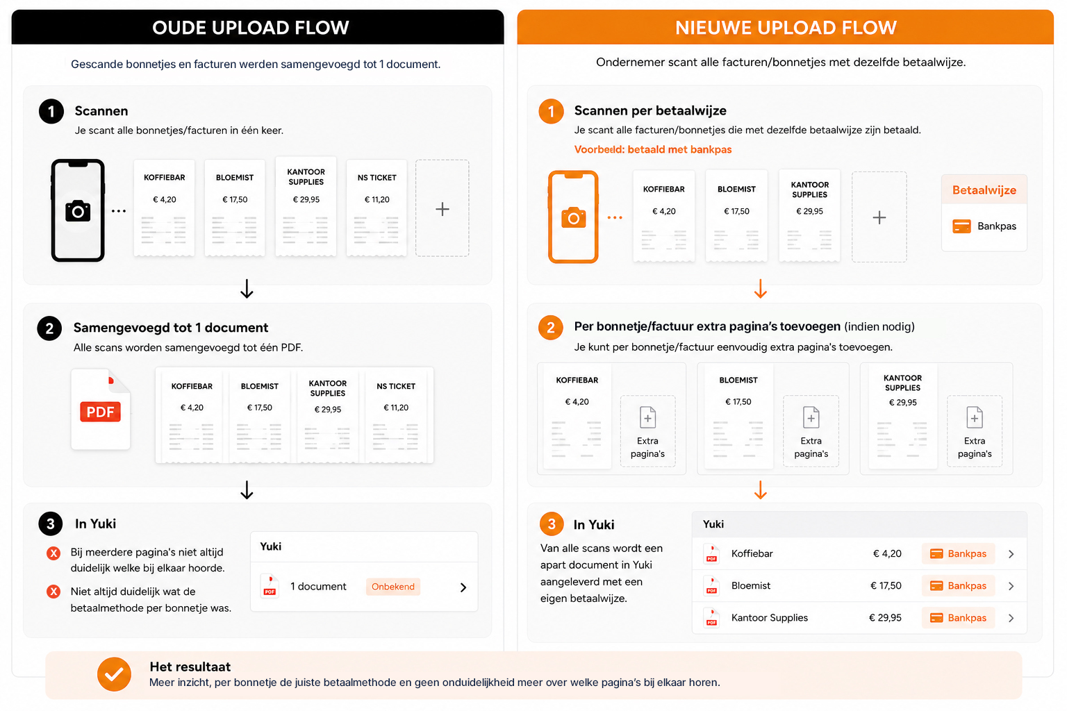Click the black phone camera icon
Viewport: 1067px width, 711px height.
coord(78,211)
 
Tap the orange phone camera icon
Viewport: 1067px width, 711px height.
coord(573,217)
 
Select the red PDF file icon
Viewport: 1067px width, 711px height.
coord(101,410)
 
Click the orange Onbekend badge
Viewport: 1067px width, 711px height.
coord(393,587)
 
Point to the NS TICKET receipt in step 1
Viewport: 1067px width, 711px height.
coord(377,208)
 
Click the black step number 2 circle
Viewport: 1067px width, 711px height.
coord(49,328)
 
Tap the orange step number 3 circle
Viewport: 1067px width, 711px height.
coord(552,524)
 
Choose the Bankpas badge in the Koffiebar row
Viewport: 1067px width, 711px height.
coord(959,553)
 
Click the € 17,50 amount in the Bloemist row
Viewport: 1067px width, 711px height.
coord(886,585)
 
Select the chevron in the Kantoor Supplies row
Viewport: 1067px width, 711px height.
coord(1011,618)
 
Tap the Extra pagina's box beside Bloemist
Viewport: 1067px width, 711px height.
coord(811,431)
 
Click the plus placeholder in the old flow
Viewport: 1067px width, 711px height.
coord(442,208)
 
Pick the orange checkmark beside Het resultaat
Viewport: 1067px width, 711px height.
coord(115,674)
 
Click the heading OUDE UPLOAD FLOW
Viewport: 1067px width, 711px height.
coord(251,28)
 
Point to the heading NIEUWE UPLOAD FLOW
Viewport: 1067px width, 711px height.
coord(786,28)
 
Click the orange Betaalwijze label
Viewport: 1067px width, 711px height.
coord(984,190)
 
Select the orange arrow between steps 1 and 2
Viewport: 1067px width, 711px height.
coord(760,289)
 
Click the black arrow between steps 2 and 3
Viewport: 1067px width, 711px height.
coord(247,490)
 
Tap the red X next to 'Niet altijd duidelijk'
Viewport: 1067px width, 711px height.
coord(53,592)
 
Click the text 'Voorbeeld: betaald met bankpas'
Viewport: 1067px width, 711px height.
coord(652,149)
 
